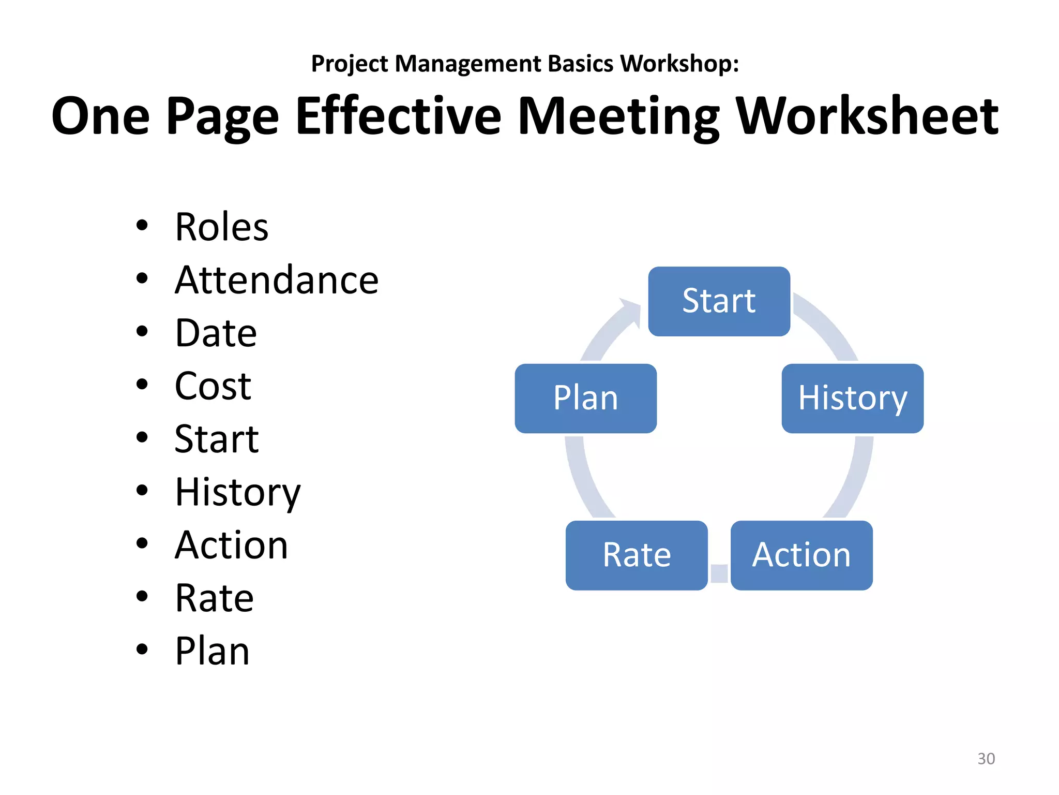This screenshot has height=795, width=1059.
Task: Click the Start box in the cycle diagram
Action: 719,301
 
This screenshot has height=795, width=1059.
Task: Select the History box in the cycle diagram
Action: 852,399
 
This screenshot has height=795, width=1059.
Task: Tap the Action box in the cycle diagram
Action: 801,555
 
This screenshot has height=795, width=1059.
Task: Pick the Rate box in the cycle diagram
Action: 637,555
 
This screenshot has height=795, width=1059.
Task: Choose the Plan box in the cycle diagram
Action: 585,399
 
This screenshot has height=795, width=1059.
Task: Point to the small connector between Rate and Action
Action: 719,573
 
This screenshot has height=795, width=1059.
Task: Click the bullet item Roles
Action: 221,227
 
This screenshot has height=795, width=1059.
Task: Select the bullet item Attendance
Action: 277,280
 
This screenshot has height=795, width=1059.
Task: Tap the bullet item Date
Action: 216,333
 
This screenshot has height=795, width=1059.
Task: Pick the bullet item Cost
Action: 213,386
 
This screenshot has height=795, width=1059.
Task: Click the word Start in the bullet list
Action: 216,439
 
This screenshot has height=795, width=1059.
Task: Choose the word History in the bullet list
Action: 237,493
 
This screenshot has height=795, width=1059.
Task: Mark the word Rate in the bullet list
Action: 214,598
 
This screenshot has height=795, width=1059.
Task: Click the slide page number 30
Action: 986,759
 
